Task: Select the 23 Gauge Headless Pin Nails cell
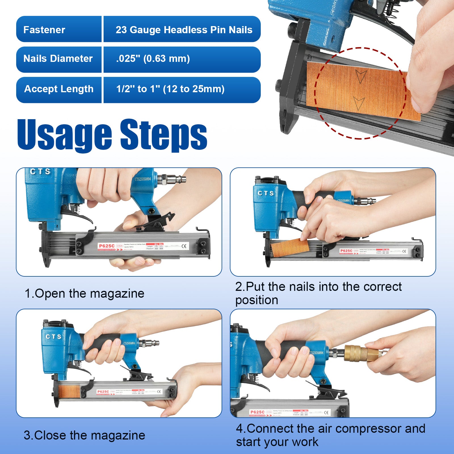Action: [184, 30]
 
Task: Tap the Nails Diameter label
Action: [58, 58]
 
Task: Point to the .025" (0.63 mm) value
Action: [153, 58]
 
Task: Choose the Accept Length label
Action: [59, 89]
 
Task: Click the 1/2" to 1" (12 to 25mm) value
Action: [170, 89]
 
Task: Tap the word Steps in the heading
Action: [164, 135]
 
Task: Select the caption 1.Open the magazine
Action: [84, 293]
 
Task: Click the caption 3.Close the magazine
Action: [84, 435]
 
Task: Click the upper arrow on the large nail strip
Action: [361, 76]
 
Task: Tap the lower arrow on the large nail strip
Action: [358, 103]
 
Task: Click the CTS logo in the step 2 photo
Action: [266, 193]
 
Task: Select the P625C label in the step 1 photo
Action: [106, 246]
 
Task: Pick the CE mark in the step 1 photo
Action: [184, 246]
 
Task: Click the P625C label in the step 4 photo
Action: [257, 412]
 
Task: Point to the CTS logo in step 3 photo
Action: [53, 337]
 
